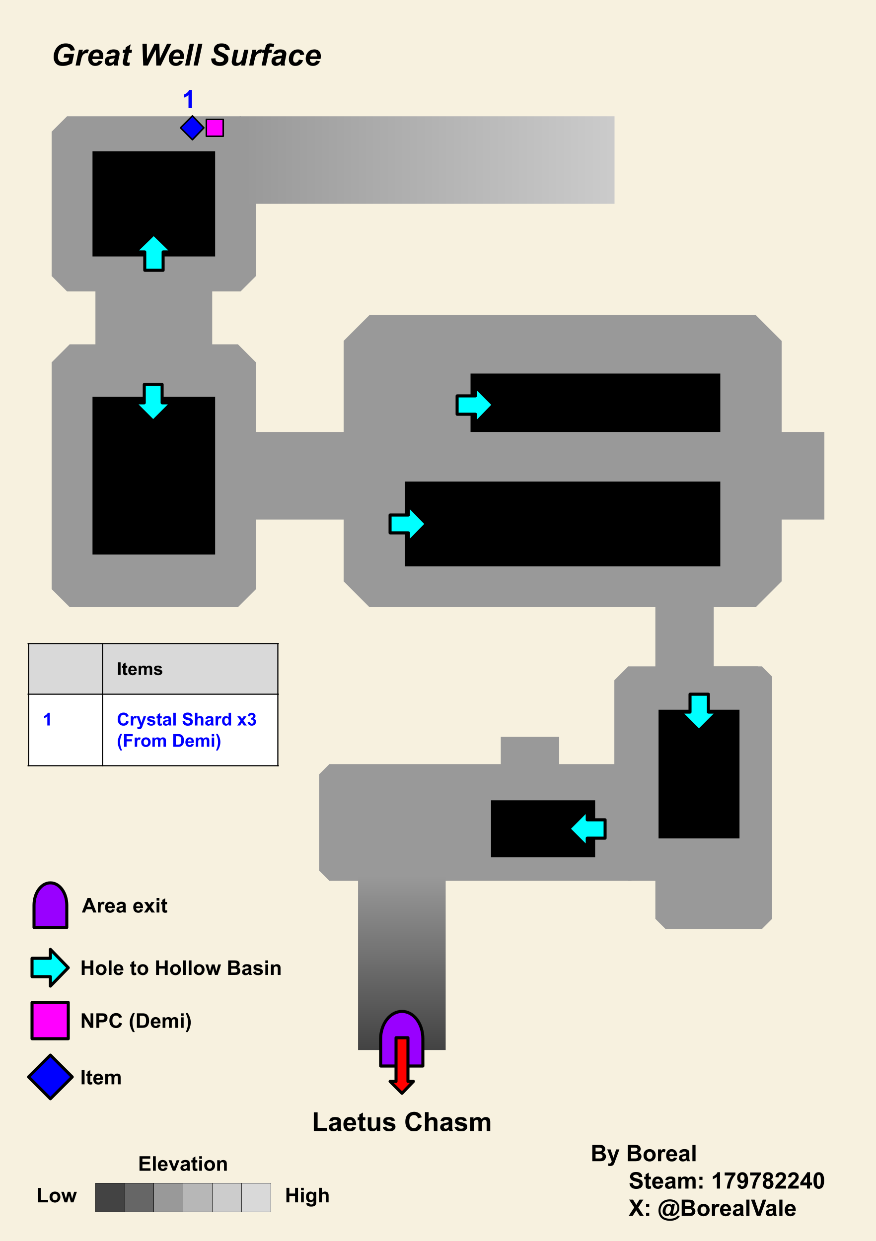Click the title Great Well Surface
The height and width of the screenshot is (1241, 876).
(187, 56)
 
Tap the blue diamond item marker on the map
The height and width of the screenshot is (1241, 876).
(192, 128)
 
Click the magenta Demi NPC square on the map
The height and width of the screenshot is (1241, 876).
(215, 128)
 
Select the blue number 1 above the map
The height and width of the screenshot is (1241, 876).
(188, 99)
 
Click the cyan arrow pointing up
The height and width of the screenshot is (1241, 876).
(153, 254)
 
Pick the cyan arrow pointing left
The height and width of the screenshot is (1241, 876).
(589, 828)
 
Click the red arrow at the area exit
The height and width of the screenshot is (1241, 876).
(402, 1065)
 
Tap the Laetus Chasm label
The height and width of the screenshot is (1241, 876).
(402, 1122)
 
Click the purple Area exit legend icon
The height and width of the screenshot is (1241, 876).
(50, 905)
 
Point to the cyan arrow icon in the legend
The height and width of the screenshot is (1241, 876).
(50, 967)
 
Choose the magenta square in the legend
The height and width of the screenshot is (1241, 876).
(50, 1021)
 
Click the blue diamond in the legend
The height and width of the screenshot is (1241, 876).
(50, 1077)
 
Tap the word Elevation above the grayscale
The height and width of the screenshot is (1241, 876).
(183, 1164)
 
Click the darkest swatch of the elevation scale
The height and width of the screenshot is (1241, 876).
(110, 1197)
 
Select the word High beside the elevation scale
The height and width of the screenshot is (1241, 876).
(307, 1196)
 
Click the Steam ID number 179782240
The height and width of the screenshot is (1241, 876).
(768, 1181)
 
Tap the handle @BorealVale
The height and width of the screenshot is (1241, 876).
(727, 1209)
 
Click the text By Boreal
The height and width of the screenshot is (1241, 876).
(644, 1154)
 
